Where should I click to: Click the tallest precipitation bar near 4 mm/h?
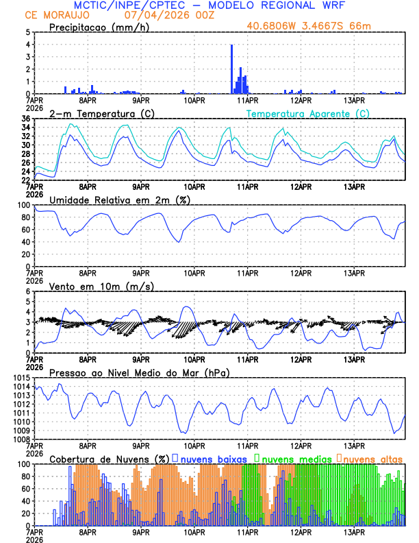(x=232, y=69)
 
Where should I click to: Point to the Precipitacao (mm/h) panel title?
(x=99, y=27)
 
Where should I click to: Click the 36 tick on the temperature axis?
(x=25, y=119)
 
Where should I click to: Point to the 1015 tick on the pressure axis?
(x=22, y=378)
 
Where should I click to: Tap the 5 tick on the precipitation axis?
(x=27, y=32)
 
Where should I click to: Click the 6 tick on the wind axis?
(x=27, y=291)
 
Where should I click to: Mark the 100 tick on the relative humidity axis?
(x=23, y=205)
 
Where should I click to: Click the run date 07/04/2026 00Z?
(x=165, y=15)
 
